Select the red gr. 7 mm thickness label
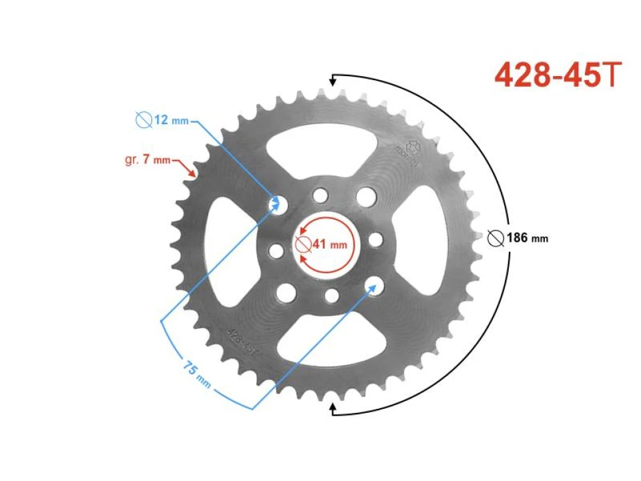tap(148, 160)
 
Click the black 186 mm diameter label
tap(527, 238)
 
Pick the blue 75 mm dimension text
tap(197, 375)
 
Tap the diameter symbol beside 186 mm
tap(495, 238)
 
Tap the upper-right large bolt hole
tap(365, 196)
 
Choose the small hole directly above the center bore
tap(321, 195)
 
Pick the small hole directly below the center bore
tap(330, 295)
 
